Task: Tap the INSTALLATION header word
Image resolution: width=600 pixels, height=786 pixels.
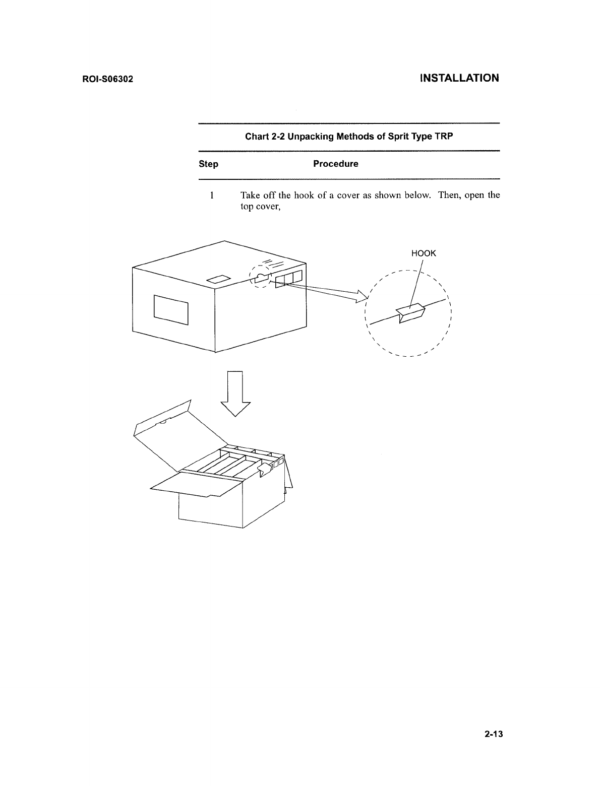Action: tap(459, 78)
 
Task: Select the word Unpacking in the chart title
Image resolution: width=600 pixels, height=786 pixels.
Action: tap(311, 137)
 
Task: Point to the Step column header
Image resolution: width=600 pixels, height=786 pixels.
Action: tap(208, 164)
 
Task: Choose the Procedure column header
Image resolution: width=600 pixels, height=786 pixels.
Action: tap(335, 164)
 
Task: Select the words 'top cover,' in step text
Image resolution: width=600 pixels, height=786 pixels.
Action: tap(260, 207)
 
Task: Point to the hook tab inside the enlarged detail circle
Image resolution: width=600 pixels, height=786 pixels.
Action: tap(411, 314)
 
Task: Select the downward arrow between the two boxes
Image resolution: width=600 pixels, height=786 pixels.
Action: tap(235, 393)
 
